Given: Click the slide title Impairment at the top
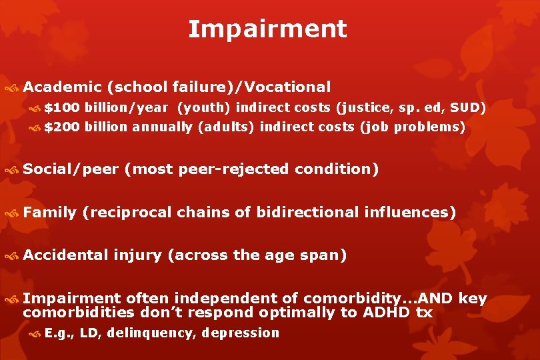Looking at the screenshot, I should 267,29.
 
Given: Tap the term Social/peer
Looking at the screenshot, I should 70,169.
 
